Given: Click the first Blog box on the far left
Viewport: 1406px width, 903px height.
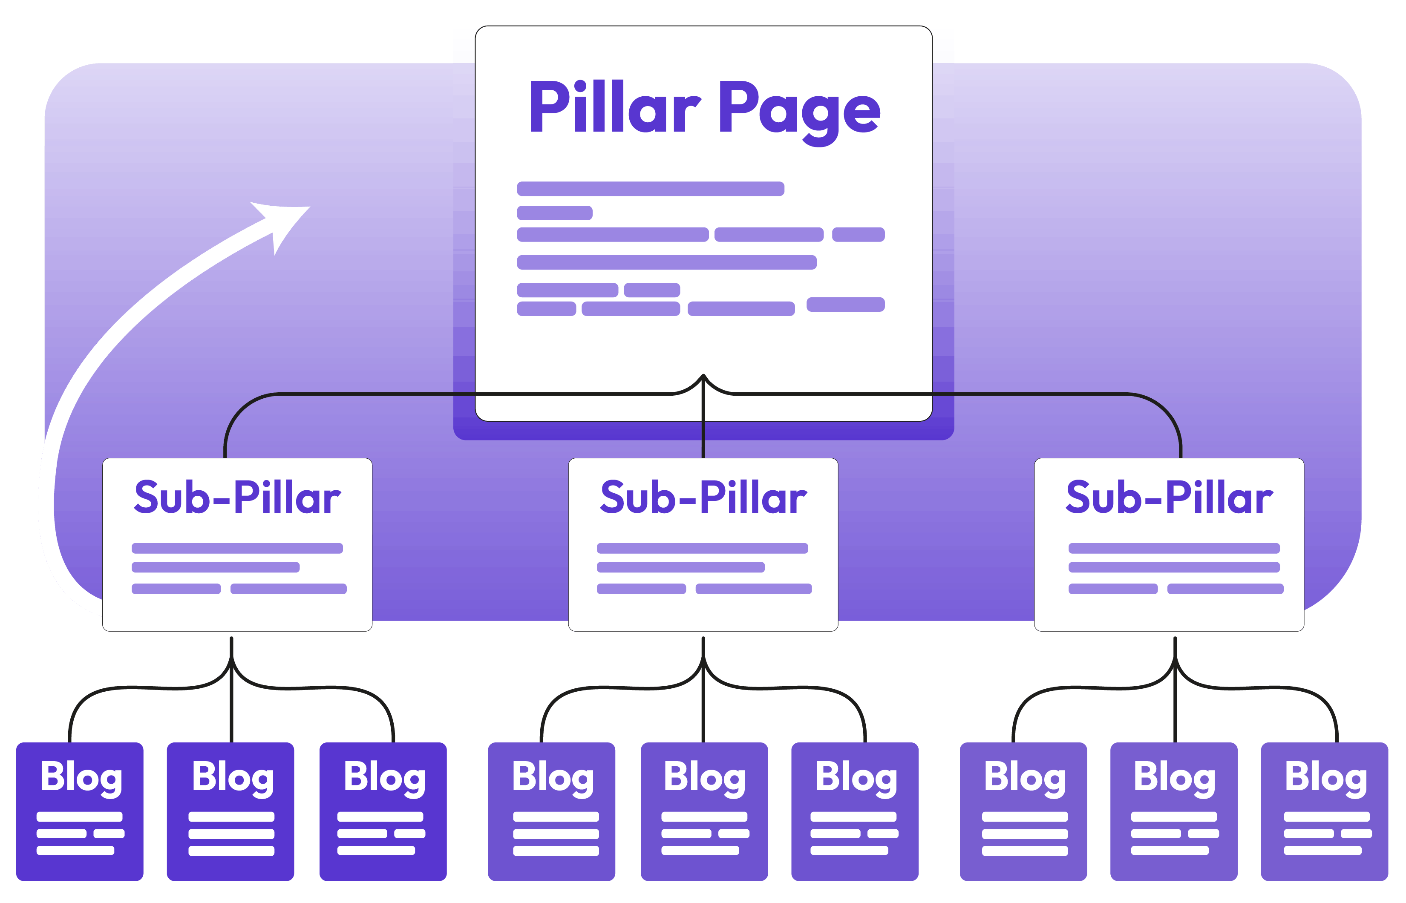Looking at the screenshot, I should [x=80, y=811].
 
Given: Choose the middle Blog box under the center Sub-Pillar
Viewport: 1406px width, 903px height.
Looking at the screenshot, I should [x=704, y=811].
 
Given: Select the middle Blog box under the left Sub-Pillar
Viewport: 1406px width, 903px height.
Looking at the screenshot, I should [x=230, y=811].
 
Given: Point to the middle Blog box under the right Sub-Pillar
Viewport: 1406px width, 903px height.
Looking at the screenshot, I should [x=1174, y=811].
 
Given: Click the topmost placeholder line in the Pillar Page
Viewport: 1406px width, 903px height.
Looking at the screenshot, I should [x=650, y=189].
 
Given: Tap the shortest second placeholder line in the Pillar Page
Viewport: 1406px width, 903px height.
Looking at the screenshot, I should [x=554, y=213].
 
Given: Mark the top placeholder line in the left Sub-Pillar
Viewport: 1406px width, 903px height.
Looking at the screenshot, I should [x=237, y=548].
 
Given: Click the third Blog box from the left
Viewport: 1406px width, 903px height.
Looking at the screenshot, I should [x=383, y=811].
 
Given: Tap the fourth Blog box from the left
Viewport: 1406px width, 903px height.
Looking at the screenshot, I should [x=551, y=811].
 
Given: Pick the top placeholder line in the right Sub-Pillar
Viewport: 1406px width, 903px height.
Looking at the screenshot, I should [x=1174, y=548].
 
